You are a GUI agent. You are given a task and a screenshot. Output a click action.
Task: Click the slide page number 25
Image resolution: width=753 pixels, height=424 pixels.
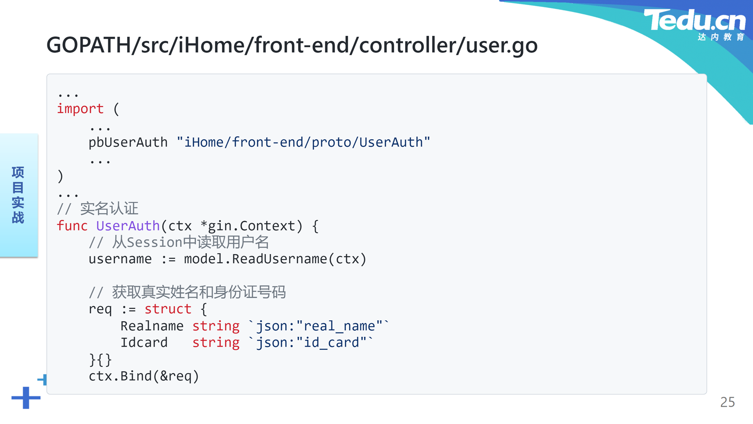(x=728, y=402)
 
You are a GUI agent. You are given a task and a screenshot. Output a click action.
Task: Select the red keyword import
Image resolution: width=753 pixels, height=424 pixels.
(x=80, y=109)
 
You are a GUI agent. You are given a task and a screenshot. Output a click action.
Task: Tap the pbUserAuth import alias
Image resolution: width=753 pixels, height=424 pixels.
(x=128, y=142)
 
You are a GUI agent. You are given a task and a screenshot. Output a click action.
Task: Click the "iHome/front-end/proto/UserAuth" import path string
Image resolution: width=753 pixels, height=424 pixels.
(x=303, y=142)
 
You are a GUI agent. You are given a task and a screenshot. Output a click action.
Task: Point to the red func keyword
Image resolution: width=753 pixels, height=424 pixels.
(x=72, y=226)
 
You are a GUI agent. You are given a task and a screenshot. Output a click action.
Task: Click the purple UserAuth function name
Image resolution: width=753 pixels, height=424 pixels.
(x=128, y=226)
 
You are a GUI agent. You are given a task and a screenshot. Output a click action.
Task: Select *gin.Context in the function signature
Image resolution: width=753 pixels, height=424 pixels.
(x=247, y=226)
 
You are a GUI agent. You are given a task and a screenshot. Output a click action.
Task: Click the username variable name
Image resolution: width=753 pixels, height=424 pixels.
(x=120, y=259)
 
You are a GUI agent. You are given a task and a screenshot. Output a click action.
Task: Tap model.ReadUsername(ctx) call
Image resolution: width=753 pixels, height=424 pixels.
(x=275, y=259)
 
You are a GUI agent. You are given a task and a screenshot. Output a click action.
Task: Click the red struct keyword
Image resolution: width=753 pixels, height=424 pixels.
(x=168, y=309)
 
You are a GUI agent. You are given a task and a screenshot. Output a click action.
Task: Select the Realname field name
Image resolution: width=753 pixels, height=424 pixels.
(x=152, y=326)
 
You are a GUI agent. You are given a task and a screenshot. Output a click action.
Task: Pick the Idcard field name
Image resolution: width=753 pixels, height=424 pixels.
(x=144, y=342)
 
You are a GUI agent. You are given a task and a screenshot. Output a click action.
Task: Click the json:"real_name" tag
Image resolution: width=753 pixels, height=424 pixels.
(x=319, y=326)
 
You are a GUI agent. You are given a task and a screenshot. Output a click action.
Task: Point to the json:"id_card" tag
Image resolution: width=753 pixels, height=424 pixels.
(x=311, y=342)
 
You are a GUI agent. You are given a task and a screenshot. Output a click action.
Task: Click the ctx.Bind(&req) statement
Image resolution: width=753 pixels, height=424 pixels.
(x=144, y=376)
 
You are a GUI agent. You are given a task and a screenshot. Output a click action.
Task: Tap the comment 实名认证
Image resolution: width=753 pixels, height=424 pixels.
(x=109, y=208)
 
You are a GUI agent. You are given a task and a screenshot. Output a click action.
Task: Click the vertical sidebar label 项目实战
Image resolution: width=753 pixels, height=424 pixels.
(x=18, y=195)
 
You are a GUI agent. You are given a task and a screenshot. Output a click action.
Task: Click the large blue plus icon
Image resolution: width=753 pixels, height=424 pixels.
(x=26, y=398)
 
